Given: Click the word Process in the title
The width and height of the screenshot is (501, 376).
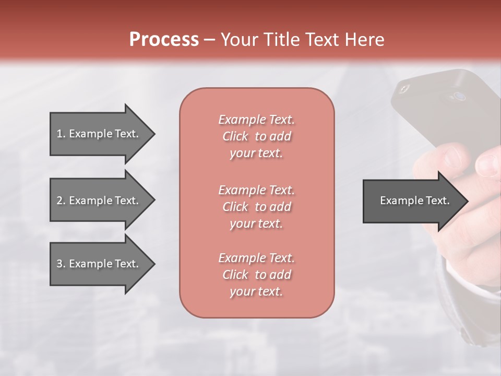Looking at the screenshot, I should click(x=164, y=40).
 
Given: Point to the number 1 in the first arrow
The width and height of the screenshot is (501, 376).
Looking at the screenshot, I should click(x=60, y=134).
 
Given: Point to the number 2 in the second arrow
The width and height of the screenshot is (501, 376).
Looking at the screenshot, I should click(x=60, y=201).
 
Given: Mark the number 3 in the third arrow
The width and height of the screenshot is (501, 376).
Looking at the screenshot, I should click(x=60, y=264).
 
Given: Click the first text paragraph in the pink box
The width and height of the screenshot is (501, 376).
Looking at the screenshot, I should click(x=256, y=136).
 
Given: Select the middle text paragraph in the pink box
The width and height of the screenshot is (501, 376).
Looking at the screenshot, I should click(x=256, y=207).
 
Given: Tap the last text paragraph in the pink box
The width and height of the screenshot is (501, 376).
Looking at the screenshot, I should click(x=256, y=275).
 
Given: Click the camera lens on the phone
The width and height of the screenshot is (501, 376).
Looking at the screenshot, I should click(x=459, y=96).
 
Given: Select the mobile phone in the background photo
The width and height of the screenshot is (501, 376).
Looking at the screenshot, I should click(x=444, y=110).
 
